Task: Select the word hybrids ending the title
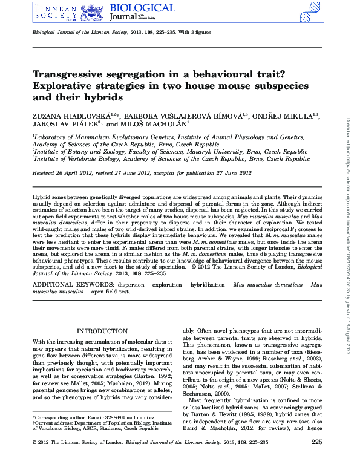pos(105,96)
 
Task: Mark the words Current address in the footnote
pos(51,423)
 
